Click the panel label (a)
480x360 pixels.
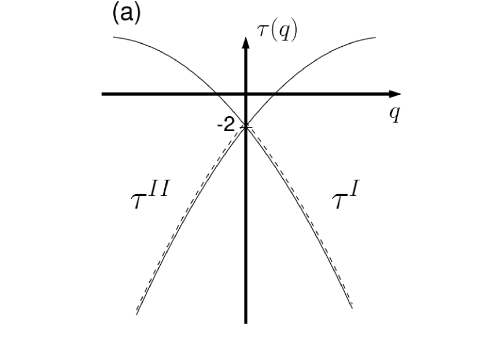[126, 14]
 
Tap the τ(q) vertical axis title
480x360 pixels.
[277, 32]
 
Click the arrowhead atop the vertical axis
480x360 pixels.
[246, 42]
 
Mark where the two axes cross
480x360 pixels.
[246, 94]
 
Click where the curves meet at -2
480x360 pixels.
[246, 126]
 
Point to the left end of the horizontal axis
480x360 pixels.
[102, 94]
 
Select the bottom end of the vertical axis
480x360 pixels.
[246, 322]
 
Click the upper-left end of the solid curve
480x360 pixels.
[113, 37]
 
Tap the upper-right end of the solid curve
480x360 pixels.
[376, 38]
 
